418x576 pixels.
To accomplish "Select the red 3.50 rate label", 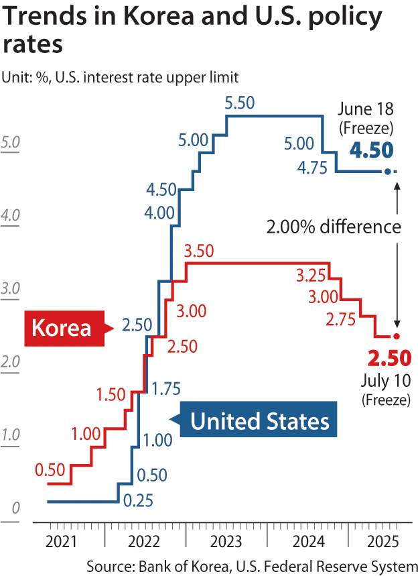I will coord(198,251).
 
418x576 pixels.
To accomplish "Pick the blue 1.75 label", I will coord(165,388).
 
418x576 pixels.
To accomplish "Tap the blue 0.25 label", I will coord(139,500).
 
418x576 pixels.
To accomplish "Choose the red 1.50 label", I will coord(111,394).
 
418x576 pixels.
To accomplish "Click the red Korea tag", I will coord(62,328).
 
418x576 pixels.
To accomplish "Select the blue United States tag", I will coord(260,421).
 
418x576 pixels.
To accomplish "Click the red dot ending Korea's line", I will coord(397,336).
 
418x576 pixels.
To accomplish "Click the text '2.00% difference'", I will coord(333,227).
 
